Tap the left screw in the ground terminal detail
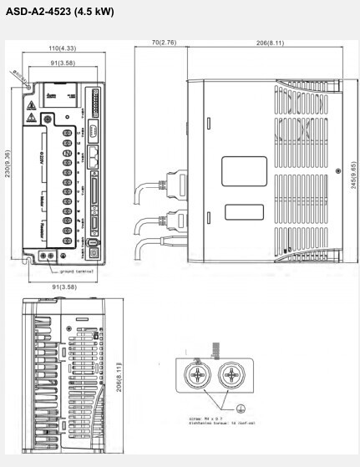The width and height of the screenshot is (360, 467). [199, 378]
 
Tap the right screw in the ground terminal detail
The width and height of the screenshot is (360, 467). [233, 378]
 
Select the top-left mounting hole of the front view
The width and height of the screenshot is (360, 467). [28, 86]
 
